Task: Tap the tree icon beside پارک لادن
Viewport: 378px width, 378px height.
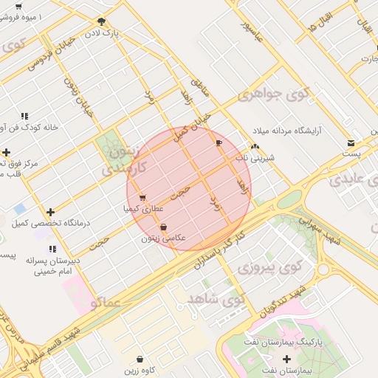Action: coord(101,21)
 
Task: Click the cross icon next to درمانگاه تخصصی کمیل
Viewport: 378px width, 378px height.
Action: coord(49,212)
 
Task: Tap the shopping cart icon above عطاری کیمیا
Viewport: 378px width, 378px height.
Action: coord(142,197)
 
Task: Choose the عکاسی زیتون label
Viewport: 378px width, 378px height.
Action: coord(163,238)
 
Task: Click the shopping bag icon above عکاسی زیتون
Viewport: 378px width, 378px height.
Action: coord(162,227)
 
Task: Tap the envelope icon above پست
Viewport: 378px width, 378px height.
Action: coord(351,142)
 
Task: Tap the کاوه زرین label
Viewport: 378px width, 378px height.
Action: coord(139,369)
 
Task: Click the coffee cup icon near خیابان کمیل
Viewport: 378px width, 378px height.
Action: coord(218,142)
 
